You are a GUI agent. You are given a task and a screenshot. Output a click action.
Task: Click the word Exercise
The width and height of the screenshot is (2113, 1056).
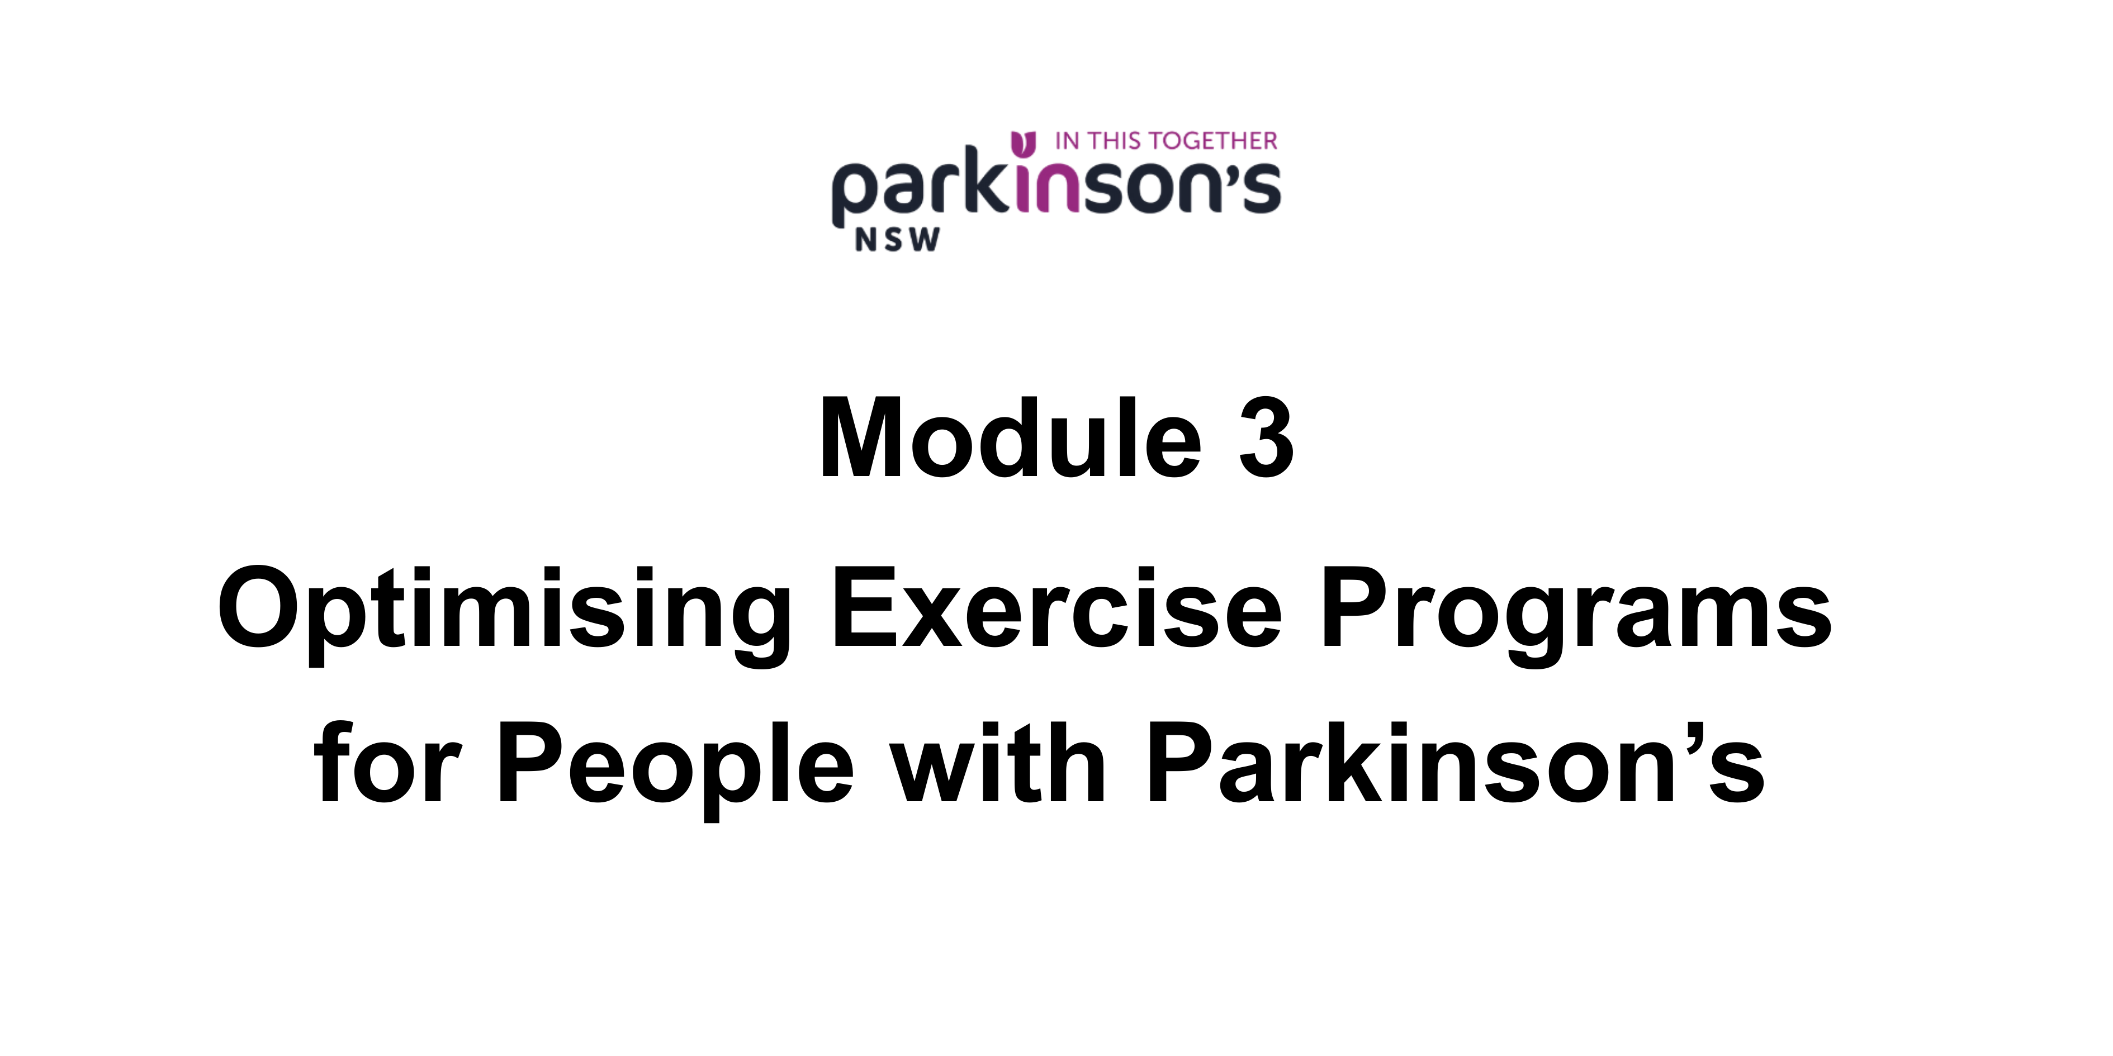click(1057, 607)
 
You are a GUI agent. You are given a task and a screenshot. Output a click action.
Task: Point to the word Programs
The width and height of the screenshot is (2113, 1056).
click(1576, 615)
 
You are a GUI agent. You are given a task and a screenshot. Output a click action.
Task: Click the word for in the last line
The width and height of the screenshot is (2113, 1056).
click(388, 763)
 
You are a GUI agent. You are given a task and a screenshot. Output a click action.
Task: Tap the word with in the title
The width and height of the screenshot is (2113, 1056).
click(999, 763)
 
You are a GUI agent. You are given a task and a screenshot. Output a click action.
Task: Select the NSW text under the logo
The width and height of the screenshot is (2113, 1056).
click(897, 239)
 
